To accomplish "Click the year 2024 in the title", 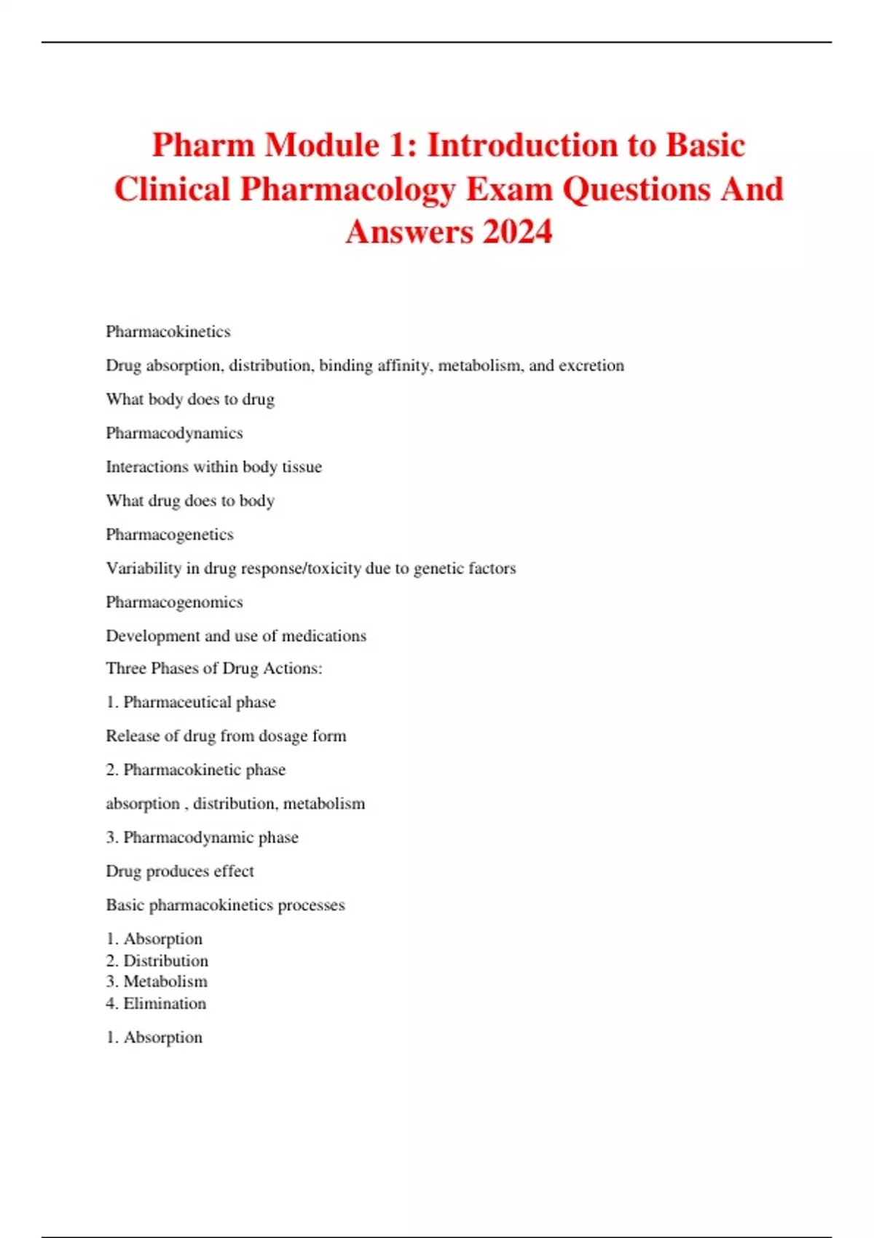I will coord(517,232).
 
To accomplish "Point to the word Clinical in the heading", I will coord(172,189).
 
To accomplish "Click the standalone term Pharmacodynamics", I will coord(174,433).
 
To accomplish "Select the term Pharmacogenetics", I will coord(170,535).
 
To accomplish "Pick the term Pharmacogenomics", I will coord(174,602).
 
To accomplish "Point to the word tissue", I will coord(302,467).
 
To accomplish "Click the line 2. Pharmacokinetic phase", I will coord(196,770).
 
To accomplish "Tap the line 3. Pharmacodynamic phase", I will coord(202,837).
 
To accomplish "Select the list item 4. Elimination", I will coord(156,1004).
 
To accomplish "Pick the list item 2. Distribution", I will coord(157,961).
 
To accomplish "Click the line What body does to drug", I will coord(190,399).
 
